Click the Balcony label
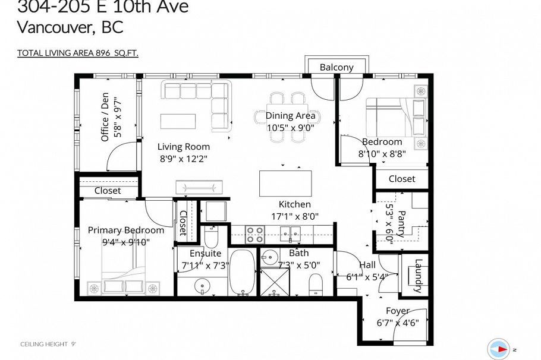coord(336,67)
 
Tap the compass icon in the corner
coord(499,349)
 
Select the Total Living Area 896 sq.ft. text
coord(78,53)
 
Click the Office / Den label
coord(105,116)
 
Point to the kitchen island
coord(285,183)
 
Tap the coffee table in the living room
coord(177,121)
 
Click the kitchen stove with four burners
coord(256,235)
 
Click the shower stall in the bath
coord(274,282)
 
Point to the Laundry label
coord(419,276)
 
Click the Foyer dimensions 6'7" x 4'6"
coord(398,323)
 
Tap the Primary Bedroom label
coord(125,230)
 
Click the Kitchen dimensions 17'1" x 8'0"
coord(295,217)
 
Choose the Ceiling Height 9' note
coord(48,344)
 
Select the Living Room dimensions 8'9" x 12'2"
coord(183,159)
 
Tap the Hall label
coord(367,265)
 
